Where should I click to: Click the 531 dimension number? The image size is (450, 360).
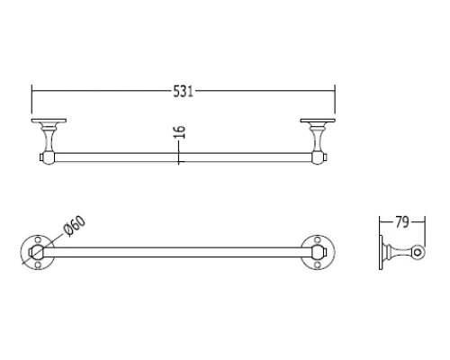point(183,90)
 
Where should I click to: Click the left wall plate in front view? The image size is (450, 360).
point(47,121)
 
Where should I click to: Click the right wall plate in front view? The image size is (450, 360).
point(319,121)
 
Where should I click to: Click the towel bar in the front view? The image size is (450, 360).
point(180,158)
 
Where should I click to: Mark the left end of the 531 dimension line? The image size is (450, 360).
point(32,90)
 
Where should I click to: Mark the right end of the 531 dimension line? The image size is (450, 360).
point(335,90)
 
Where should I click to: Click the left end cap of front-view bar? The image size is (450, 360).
point(45,158)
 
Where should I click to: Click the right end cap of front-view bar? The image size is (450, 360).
point(320,158)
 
